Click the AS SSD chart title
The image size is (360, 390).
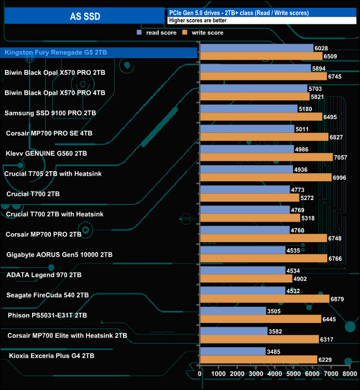pos(85,17)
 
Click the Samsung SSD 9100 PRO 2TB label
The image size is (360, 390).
pos(50,113)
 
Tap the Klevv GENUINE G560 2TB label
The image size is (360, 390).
pos(46,153)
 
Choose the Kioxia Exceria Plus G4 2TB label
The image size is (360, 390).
pos(51,355)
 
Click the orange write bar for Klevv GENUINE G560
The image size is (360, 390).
pos(266,157)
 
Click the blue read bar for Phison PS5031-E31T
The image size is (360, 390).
pos(233,311)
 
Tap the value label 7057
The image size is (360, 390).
pos(342,157)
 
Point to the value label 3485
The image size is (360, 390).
pos(275,352)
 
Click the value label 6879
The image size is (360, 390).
pos(338,299)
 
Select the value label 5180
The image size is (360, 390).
pos(306,109)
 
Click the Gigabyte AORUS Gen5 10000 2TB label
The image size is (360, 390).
pos(59,254)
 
